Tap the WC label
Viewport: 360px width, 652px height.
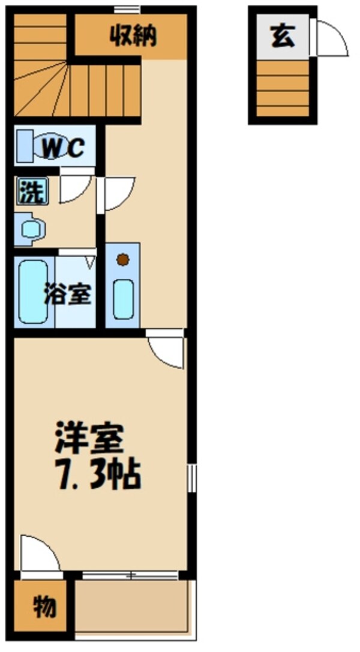pyautogui.click(x=62, y=148)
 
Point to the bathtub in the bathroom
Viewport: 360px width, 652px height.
pyautogui.click(x=33, y=292)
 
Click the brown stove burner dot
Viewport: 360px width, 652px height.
pyautogui.click(x=122, y=260)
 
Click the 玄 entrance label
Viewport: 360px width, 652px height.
pyautogui.click(x=282, y=37)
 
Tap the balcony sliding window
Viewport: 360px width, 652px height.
pyautogui.click(x=130, y=575)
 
